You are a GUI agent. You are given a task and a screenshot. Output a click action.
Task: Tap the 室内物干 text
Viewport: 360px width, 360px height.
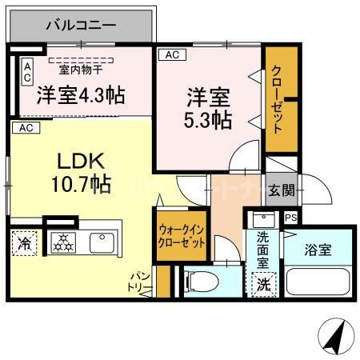(79, 69)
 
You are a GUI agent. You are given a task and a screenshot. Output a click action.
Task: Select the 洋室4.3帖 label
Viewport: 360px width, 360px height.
(80, 95)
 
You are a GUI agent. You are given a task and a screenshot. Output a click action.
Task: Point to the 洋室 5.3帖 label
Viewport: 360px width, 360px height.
(210, 110)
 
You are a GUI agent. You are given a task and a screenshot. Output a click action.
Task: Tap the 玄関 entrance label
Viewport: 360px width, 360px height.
(281, 190)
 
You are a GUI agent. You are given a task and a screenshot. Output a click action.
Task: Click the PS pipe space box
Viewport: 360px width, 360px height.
(290, 217)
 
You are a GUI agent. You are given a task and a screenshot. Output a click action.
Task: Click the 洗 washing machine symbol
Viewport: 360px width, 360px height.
(262, 283)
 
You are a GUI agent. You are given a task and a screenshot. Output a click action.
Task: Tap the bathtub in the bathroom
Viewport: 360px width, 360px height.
(319, 283)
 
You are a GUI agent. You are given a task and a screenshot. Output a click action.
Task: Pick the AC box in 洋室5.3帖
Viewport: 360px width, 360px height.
(170, 54)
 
